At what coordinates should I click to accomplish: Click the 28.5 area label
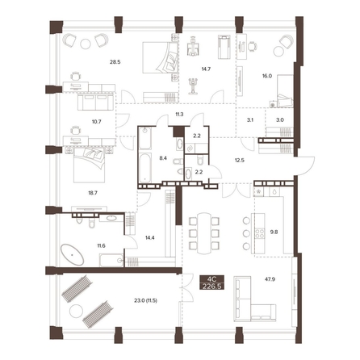(115, 62)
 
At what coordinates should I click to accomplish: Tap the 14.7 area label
(206, 69)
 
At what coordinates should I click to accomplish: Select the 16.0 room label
(267, 76)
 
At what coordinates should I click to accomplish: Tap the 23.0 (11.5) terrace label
(145, 300)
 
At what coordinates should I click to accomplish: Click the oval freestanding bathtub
(72, 254)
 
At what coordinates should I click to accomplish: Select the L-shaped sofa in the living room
(254, 299)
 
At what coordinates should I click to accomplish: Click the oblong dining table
(204, 233)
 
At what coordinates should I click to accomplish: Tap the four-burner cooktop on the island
(260, 233)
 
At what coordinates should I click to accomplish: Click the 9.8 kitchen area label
(274, 232)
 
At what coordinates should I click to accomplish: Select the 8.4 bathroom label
(163, 158)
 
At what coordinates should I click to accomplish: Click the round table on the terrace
(76, 311)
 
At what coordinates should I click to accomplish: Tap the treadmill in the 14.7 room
(224, 47)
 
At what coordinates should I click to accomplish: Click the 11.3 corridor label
(179, 115)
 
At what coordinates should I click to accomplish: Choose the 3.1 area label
(250, 120)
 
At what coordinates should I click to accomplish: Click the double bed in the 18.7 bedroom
(89, 165)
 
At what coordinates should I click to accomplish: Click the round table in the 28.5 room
(86, 44)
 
